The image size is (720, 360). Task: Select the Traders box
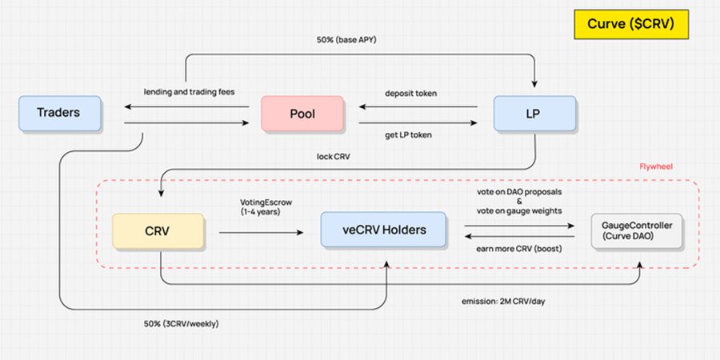click(58, 113)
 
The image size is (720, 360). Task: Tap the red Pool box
click(302, 113)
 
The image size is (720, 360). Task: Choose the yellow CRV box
click(157, 230)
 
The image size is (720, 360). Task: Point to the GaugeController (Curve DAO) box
click(637, 231)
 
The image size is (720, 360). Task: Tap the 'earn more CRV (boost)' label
click(519, 248)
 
